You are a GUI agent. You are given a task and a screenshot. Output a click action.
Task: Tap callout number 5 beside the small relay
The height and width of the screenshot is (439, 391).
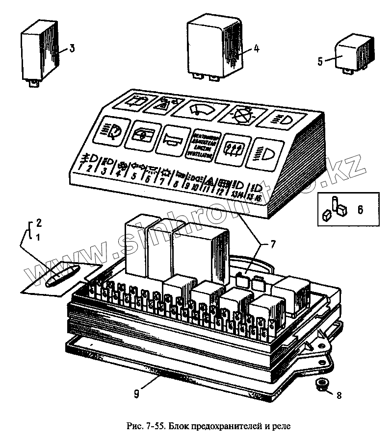point(320,61)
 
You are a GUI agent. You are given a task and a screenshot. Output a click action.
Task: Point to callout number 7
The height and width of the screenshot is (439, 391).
point(274,244)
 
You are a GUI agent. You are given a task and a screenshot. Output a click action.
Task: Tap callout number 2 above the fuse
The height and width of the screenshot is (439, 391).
point(39,223)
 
